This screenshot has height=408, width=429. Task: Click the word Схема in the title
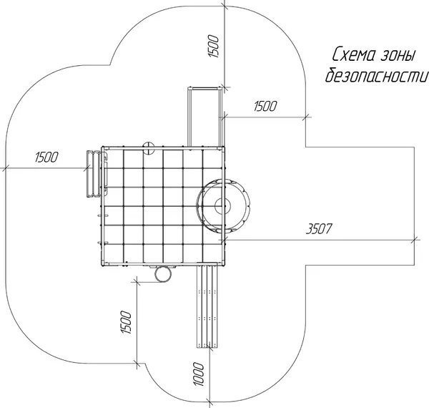pos(354,54)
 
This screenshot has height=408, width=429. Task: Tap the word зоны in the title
pos(398,55)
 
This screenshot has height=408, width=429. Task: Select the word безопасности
pos(377,74)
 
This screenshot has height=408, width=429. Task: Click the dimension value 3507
pos(319,229)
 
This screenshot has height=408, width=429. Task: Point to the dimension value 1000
pos(199,374)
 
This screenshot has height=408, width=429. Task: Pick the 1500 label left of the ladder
pos(46,157)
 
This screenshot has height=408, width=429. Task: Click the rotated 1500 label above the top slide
pos(214,46)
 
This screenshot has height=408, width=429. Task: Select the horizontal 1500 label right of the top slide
pos(265,106)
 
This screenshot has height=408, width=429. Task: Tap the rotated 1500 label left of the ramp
pos(126,322)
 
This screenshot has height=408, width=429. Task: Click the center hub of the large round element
pos(222,205)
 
